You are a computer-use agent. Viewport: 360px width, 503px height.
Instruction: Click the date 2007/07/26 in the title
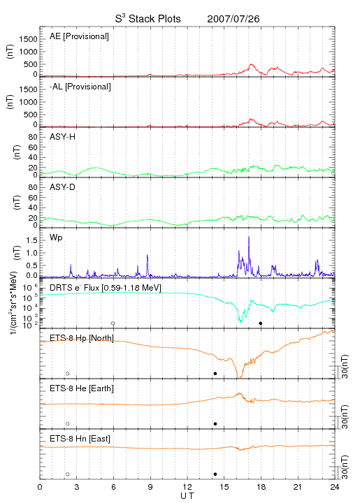(233, 19)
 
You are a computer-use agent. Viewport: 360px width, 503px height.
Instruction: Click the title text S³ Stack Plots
(148, 19)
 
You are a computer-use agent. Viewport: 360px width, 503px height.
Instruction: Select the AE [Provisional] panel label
(79, 36)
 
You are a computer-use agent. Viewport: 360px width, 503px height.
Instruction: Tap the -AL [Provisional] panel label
(80, 87)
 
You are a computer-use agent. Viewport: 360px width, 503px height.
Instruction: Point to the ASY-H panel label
(63, 137)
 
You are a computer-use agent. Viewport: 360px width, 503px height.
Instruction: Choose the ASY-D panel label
(63, 187)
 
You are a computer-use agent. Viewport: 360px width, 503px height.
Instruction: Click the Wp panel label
(56, 238)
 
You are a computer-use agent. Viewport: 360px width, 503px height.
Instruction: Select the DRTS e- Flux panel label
(106, 288)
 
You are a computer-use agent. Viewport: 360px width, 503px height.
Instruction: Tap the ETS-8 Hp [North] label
(82, 338)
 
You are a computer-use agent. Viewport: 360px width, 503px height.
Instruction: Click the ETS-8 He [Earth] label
(82, 388)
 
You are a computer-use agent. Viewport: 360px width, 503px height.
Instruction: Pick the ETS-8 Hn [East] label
(80, 439)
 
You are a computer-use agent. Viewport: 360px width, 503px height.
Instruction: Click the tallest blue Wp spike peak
(249, 236)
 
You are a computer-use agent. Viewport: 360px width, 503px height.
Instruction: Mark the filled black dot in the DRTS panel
(261, 323)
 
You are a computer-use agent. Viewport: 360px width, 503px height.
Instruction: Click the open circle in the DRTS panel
(113, 323)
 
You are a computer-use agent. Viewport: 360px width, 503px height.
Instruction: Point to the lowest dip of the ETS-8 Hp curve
(238, 377)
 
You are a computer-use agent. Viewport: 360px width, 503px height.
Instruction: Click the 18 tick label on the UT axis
(261, 487)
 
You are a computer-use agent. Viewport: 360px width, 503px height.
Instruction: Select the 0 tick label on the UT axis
(40, 487)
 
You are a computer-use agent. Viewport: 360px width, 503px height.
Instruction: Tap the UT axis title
(187, 496)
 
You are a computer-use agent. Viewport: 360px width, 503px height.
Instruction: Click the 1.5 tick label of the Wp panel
(32, 240)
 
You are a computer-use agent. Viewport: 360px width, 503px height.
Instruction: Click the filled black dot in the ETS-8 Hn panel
(215, 474)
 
